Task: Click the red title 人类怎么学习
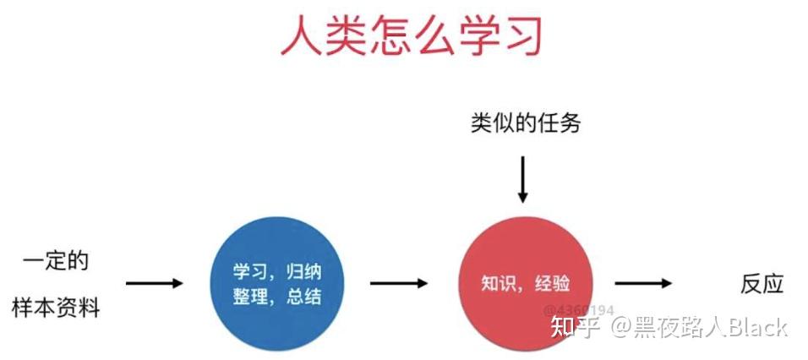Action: point(411,36)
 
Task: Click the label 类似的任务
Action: point(526,123)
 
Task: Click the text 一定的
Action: point(54,260)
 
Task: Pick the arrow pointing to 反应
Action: point(643,283)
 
